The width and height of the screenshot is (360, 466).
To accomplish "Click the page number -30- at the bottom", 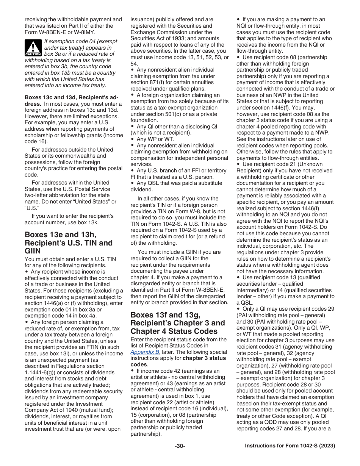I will pyautogui.click(x=180, y=446).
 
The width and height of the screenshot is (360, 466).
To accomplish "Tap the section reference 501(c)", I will pyautogui.click(x=179, y=114).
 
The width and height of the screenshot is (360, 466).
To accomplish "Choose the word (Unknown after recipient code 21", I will pyautogui.click(x=310, y=164).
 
